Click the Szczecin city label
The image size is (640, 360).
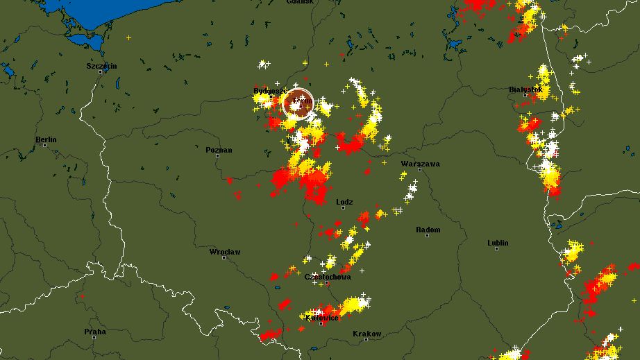point(101,66)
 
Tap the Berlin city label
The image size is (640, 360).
point(46,139)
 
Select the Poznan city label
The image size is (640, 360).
point(219,150)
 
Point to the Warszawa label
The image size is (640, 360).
point(420,164)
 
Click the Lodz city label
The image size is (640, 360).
point(344,203)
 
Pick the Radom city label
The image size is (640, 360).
point(428,230)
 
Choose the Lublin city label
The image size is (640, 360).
point(498,243)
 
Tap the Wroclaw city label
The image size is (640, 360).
point(225,252)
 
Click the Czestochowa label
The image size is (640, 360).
point(328,277)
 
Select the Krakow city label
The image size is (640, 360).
point(367,334)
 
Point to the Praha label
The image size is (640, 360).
point(95,332)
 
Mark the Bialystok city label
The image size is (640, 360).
point(525,89)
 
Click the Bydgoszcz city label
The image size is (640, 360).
point(270,91)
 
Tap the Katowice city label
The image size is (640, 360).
point(322,318)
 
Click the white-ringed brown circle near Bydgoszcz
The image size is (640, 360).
point(298,104)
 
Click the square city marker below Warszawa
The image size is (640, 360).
point(419,170)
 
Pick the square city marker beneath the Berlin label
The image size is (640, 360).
point(44,146)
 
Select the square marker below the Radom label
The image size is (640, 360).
point(427,236)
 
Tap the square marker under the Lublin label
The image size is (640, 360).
point(497,249)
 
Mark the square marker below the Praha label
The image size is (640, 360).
point(94,338)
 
